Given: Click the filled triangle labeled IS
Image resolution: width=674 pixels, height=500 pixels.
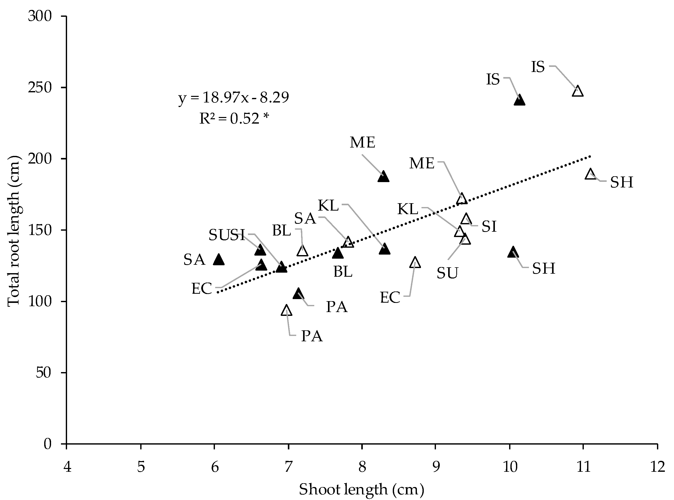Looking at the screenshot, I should (519, 100).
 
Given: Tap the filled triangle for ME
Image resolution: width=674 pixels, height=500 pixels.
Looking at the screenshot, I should (383, 177).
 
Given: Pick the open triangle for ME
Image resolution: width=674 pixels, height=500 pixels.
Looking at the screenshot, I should (462, 199).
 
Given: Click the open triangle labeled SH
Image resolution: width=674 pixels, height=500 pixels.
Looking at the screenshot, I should (590, 174).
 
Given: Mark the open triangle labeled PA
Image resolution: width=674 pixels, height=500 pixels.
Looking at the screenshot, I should (286, 311).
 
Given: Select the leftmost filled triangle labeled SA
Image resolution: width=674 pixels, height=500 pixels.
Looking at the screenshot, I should (219, 260).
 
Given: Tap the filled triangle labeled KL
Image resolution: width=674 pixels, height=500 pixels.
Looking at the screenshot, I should (384, 249).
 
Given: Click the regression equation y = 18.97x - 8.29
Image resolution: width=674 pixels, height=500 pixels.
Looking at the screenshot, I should (233, 98).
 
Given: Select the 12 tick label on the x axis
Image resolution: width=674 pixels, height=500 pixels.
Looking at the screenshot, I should (657, 467).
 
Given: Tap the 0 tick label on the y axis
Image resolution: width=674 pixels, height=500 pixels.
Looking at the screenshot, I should (48, 444).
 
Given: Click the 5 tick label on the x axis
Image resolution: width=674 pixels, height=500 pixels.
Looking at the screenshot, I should (141, 467).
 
